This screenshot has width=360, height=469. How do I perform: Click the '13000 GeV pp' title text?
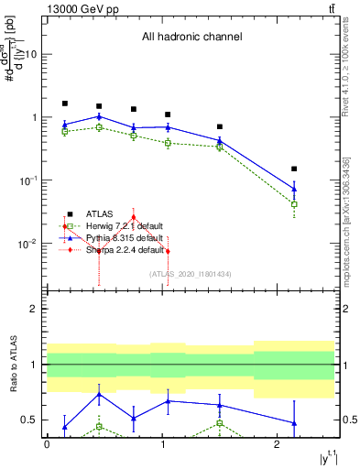(x=78, y=9)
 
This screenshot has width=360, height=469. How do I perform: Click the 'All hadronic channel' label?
(x=191, y=37)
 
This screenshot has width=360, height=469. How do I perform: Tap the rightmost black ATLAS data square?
(x=294, y=169)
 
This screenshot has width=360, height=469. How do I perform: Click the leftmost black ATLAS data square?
(x=65, y=104)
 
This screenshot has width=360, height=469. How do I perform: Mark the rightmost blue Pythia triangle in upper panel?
(x=294, y=189)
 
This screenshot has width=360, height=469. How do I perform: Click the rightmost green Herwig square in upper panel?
(x=294, y=204)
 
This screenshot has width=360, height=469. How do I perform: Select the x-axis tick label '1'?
(x=162, y=443)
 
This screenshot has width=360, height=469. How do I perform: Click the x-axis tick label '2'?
(x=278, y=443)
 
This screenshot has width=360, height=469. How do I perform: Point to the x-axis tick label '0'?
(x=47, y=443)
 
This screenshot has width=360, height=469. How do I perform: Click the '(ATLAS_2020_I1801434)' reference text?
(x=191, y=274)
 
